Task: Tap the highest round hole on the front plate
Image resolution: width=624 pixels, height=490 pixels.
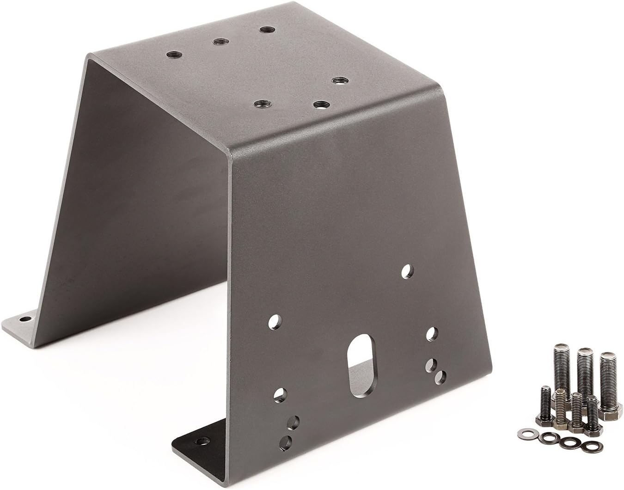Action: point(407,270)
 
